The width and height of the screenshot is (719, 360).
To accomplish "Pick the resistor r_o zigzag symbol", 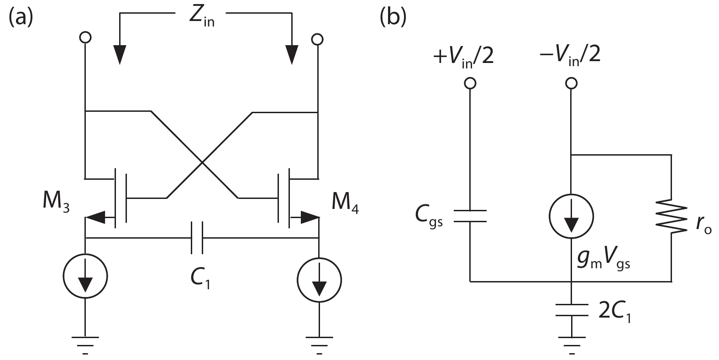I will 672,218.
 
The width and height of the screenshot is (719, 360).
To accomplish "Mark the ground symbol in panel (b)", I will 571,341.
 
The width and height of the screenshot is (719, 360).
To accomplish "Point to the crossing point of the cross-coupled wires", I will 201,162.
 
